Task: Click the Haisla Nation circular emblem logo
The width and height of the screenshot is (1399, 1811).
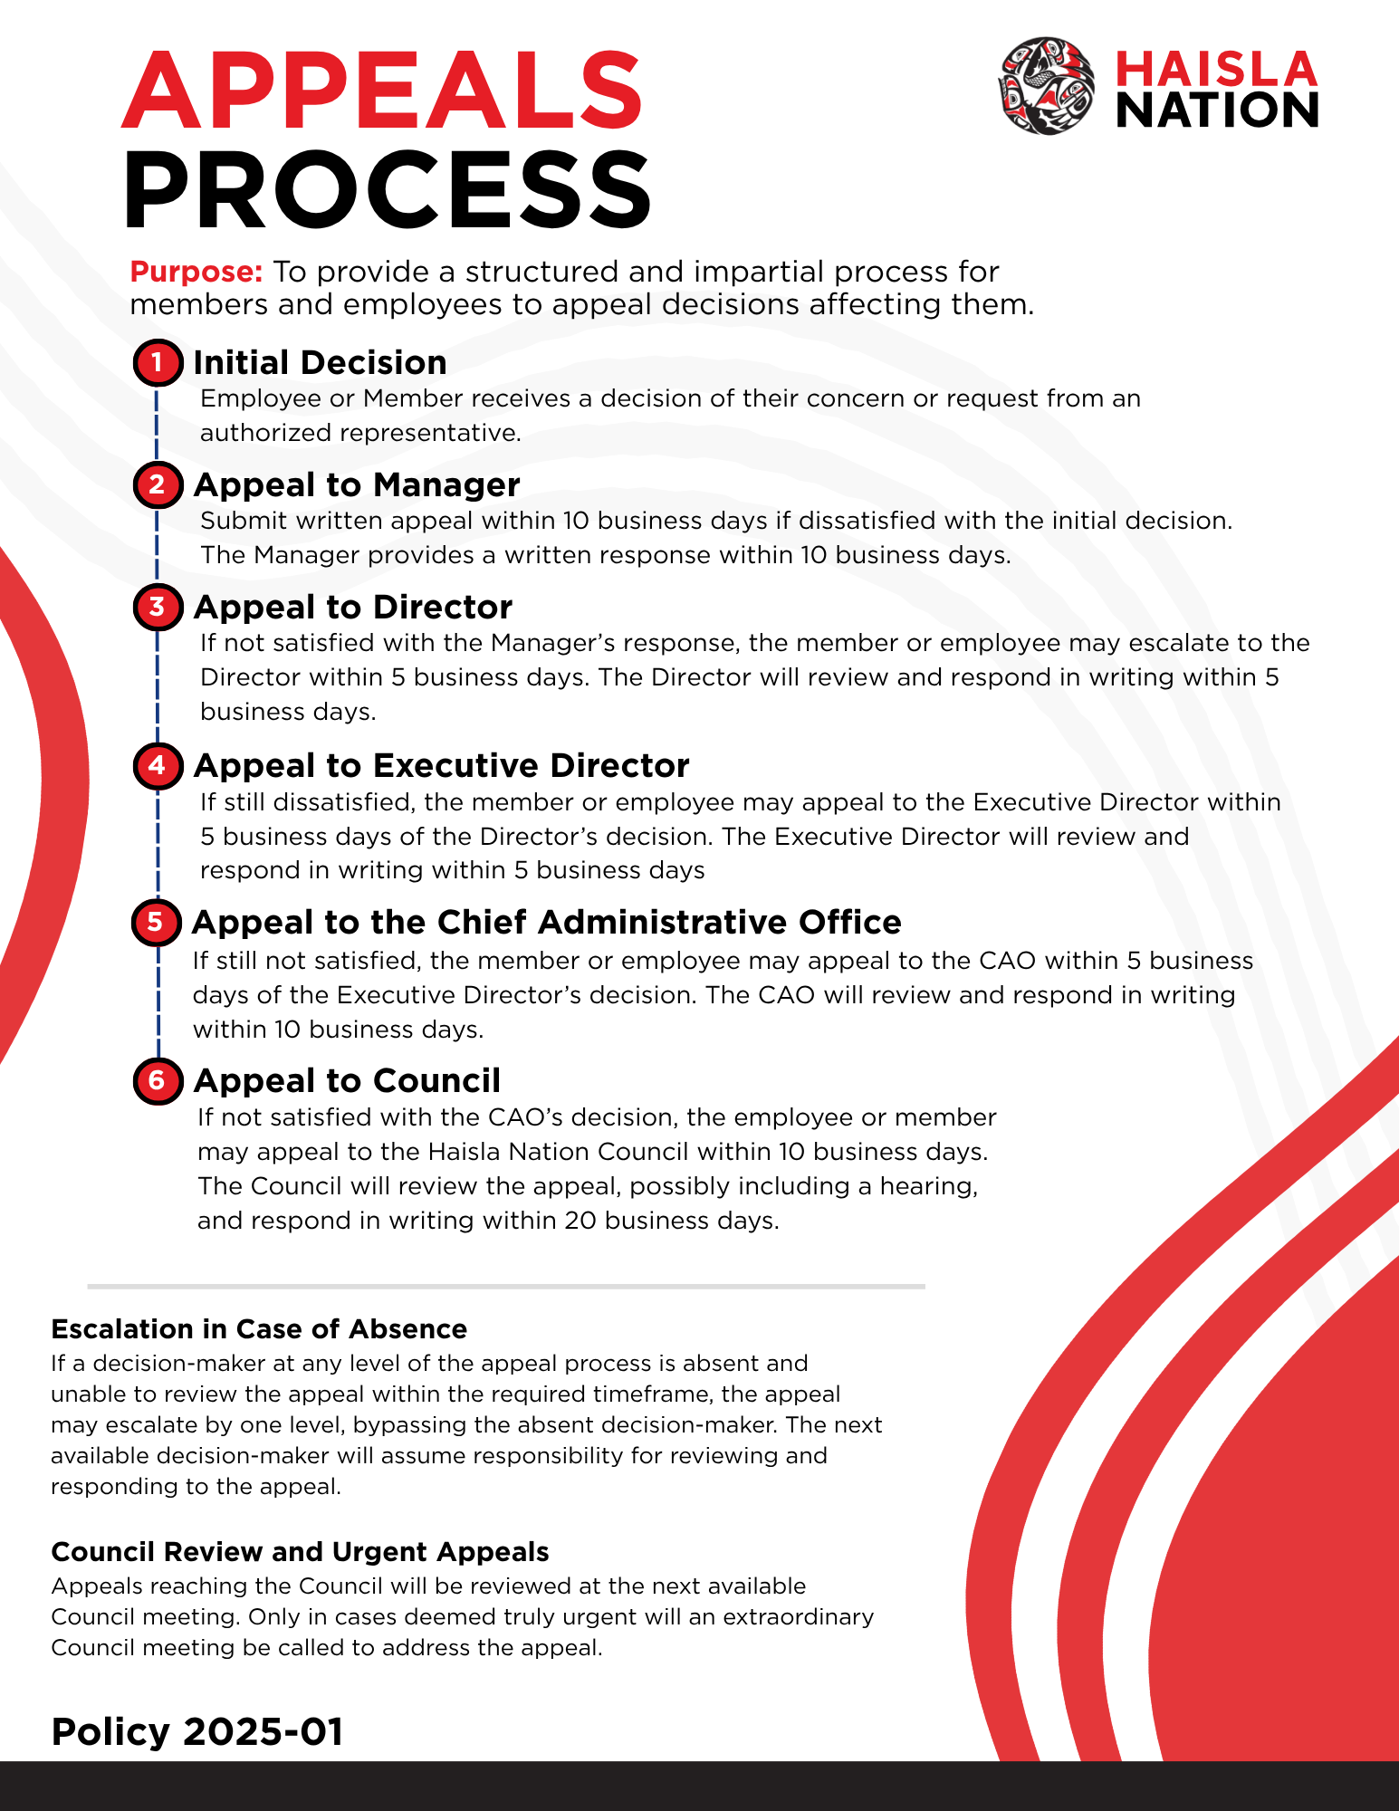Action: pyautogui.click(x=1046, y=87)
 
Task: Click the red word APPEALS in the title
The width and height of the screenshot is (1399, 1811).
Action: pyautogui.click(x=382, y=91)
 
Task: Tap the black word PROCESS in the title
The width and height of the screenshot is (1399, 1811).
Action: pyautogui.click(x=387, y=190)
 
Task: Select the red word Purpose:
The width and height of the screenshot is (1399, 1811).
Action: pyautogui.click(x=196, y=272)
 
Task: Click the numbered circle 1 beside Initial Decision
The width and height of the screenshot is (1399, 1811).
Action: pyautogui.click(x=158, y=363)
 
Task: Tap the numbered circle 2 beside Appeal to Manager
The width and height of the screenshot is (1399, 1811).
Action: pyautogui.click(x=158, y=484)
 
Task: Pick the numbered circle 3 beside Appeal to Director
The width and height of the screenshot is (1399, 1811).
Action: pyautogui.click(x=158, y=606)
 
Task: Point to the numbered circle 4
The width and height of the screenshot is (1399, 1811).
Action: pyautogui.click(x=158, y=765)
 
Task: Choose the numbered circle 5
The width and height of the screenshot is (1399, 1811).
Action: pyautogui.click(x=156, y=922)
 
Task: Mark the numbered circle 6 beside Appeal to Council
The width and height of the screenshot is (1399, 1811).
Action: pyautogui.click(x=158, y=1080)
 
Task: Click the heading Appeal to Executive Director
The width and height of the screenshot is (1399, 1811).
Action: pyautogui.click(x=441, y=766)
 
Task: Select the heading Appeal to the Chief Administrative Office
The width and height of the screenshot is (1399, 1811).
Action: pyautogui.click(x=546, y=923)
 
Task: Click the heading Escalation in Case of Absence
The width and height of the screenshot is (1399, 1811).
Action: pyautogui.click(x=259, y=1329)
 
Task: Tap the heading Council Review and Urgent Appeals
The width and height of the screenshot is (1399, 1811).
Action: pyautogui.click(x=300, y=1552)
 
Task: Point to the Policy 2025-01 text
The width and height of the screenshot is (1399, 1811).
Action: pyautogui.click(x=197, y=1732)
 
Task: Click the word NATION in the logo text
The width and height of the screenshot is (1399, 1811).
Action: pyautogui.click(x=1217, y=110)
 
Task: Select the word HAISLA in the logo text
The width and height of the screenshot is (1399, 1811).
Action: pyautogui.click(x=1216, y=70)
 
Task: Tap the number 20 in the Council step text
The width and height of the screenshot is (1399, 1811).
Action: pyautogui.click(x=580, y=1221)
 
